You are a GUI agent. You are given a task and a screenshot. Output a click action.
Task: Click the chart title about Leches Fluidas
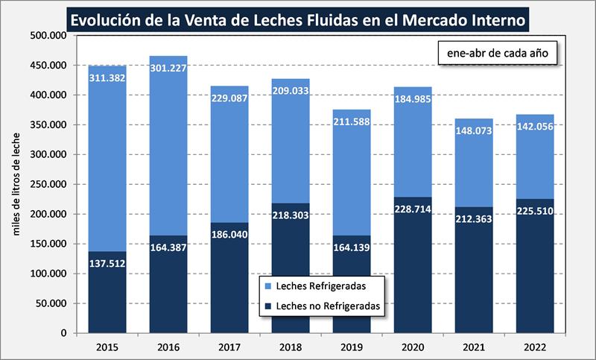(x=298, y=16)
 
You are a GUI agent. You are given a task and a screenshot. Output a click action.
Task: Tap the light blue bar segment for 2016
(x=168, y=149)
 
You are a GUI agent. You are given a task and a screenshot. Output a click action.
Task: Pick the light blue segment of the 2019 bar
(x=352, y=179)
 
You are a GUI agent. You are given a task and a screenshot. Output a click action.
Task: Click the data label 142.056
(x=535, y=125)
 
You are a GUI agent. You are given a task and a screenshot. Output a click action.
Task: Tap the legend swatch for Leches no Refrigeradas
(x=267, y=305)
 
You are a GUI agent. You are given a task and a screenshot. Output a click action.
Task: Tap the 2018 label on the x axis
(x=291, y=347)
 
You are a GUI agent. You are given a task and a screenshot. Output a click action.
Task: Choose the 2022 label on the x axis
(x=535, y=347)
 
